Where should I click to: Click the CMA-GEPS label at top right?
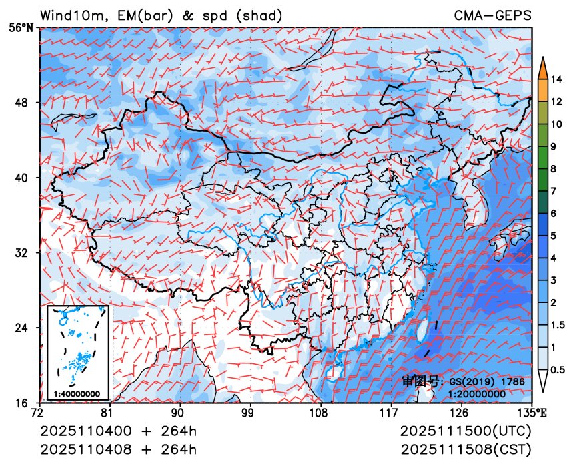pos(493,15)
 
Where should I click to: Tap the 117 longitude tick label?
pos(391,412)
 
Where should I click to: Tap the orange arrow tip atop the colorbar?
pos(543,65)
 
